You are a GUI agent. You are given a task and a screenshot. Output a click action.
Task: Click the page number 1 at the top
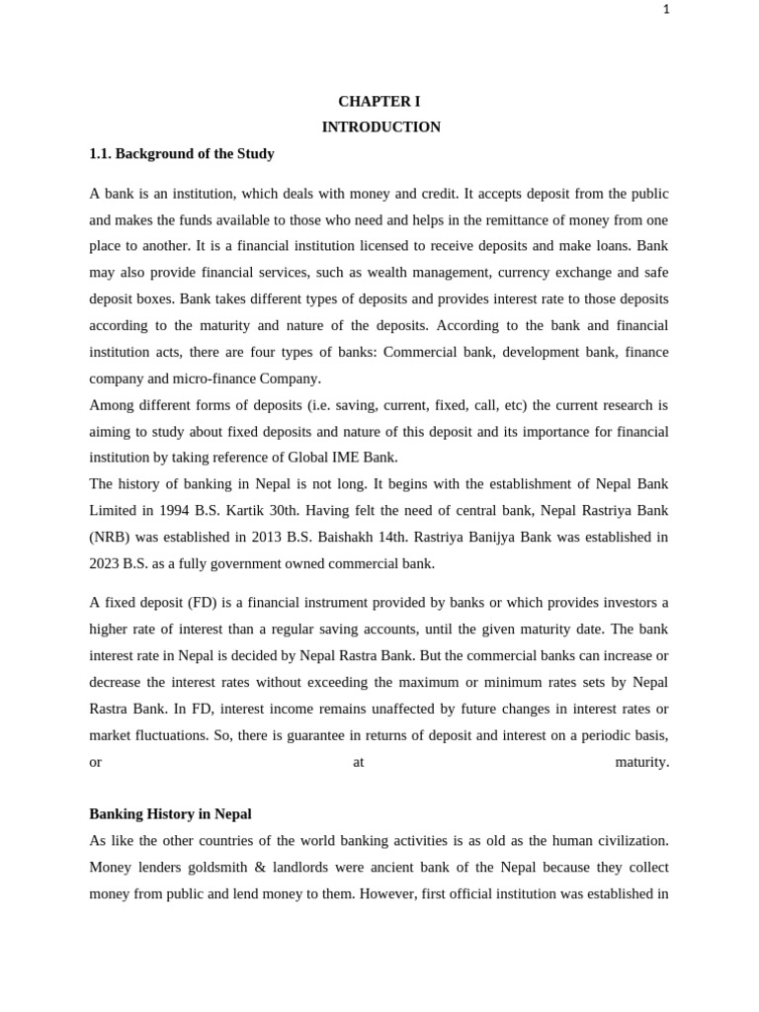coord(666,10)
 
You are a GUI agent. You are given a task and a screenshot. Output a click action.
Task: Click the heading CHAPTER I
coord(379,102)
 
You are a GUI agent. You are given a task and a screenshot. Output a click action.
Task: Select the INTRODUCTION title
coord(380,127)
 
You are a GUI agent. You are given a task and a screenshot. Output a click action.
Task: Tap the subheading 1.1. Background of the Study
coord(182,154)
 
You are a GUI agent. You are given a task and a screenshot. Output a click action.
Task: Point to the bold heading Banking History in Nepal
coord(170,814)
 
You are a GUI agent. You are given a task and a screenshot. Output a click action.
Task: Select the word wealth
coord(417,273)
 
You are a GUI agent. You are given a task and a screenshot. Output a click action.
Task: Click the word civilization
coord(627,841)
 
